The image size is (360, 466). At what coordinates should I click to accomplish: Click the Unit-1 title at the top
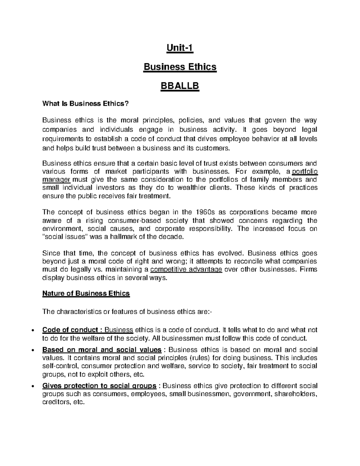click(x=180, y=48)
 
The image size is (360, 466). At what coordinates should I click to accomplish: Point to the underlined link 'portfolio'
click(x=304, y=172)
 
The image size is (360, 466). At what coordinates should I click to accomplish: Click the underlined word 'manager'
click(x=56, y=180)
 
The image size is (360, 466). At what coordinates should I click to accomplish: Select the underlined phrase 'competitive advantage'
click(x=186, y=269)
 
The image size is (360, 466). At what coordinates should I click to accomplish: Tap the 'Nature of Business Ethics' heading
click(x=86, y=293)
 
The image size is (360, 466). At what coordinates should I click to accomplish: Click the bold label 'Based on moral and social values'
click(x=102, y=350)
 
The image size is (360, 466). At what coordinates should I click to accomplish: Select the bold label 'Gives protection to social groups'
click(x=99, y=386)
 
